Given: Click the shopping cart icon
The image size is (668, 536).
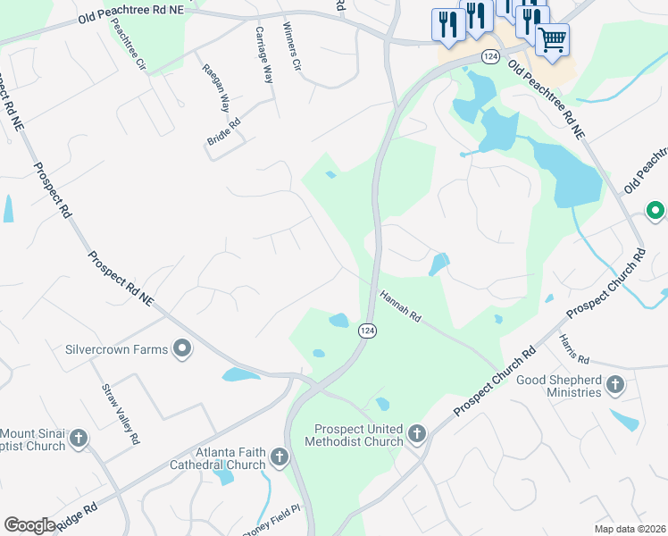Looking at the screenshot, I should coord(553,39).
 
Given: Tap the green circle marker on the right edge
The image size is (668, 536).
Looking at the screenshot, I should coord(655,212).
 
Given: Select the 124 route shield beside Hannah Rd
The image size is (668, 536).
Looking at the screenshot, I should coord(367,331).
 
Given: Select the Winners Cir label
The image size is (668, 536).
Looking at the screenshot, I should coord(292,49).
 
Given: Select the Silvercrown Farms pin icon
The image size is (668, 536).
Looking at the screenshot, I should coord(182,349).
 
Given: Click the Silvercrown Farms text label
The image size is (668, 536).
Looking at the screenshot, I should coord(117,349).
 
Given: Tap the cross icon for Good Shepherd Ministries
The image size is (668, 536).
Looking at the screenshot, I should coord(614,385).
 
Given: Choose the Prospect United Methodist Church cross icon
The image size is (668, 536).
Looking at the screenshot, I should coord(416,435).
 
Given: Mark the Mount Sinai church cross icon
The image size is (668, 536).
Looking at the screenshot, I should coord(78,439).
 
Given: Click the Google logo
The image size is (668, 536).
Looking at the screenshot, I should coord(29,525).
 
